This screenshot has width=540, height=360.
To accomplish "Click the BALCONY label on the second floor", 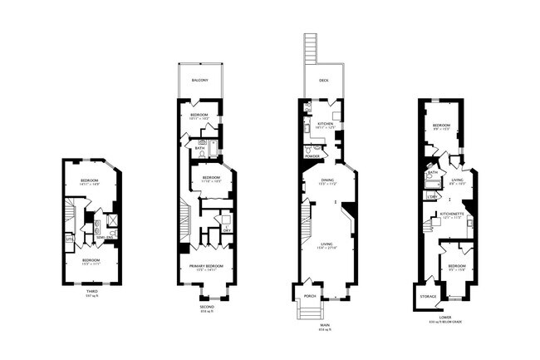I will click(x=199, y=81).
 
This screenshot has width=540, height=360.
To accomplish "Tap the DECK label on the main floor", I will click(x=324, y=81).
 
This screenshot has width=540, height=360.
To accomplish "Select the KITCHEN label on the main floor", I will click(x=325, y=124).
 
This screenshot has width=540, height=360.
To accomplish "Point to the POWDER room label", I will click(x=313, y=156).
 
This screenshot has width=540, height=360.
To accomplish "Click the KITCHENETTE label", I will click(x=452, y=213).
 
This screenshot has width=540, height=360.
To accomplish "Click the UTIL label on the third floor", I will click(x=69, y=239).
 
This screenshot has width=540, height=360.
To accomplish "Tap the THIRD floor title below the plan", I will click(x=91, y=291).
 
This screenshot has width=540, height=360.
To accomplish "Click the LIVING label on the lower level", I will click(x=457, y=178).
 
